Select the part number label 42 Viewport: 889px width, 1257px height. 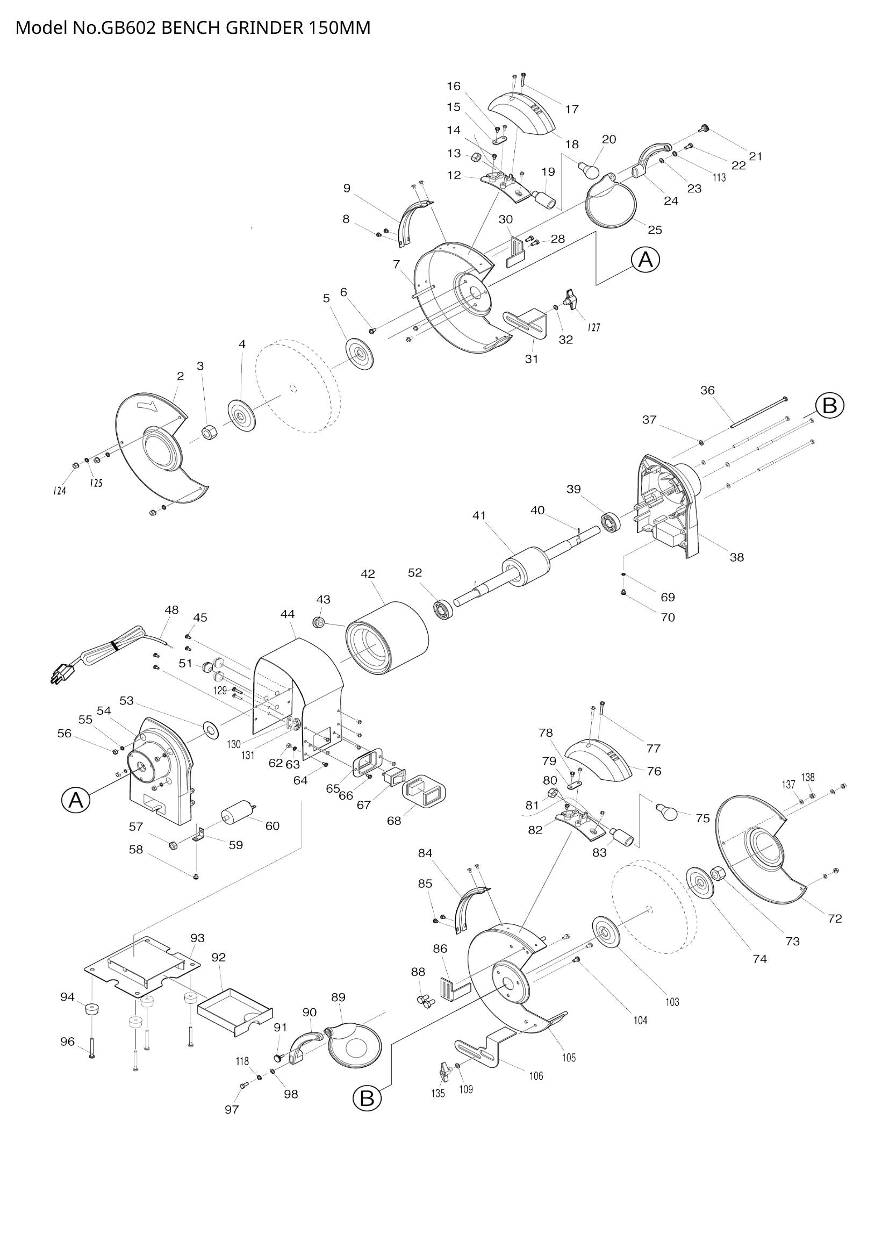click(368, 574)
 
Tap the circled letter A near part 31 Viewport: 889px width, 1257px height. click(646, 261)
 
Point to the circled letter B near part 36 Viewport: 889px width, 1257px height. click(829, 406)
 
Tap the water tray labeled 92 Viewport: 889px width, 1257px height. click(234, 1012)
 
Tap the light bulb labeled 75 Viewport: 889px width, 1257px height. click(669, 811)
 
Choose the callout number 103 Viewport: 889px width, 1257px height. click(672, 1002)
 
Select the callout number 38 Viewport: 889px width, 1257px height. click(737, 557)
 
